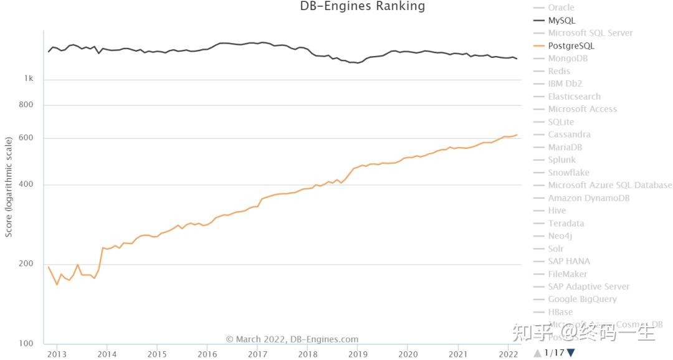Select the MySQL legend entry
coord(561,21)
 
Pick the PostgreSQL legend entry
coord(571,46)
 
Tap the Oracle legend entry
coord(561,7)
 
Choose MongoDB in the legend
coord(568,59)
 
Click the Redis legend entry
coord(559,71)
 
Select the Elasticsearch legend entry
coord(574,97)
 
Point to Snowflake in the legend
coord(568,173)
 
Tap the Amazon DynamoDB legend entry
coord(588,198)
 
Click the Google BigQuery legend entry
coord(582,299)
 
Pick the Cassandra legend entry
coord(569,135)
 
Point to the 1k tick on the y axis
coord(29,79)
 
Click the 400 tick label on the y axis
coord(26,185)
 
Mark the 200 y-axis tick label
coord(26,264)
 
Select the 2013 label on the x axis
coord(57,354)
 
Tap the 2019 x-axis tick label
coord(358,354)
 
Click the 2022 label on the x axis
coord(508,354)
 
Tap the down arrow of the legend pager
coord(571,353)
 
